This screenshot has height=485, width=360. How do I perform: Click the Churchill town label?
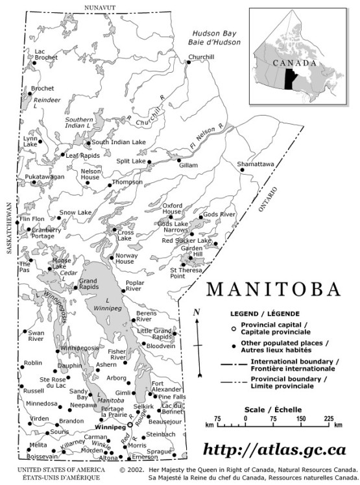pos(201,57)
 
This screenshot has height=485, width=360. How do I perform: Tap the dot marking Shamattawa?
pos(242,170)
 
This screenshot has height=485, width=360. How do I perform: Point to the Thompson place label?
pos(127,182)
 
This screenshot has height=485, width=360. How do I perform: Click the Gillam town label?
pos(188,166)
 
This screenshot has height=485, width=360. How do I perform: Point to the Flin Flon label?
pos(32,219)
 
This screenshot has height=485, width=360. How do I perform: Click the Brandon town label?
pos(71,421)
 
